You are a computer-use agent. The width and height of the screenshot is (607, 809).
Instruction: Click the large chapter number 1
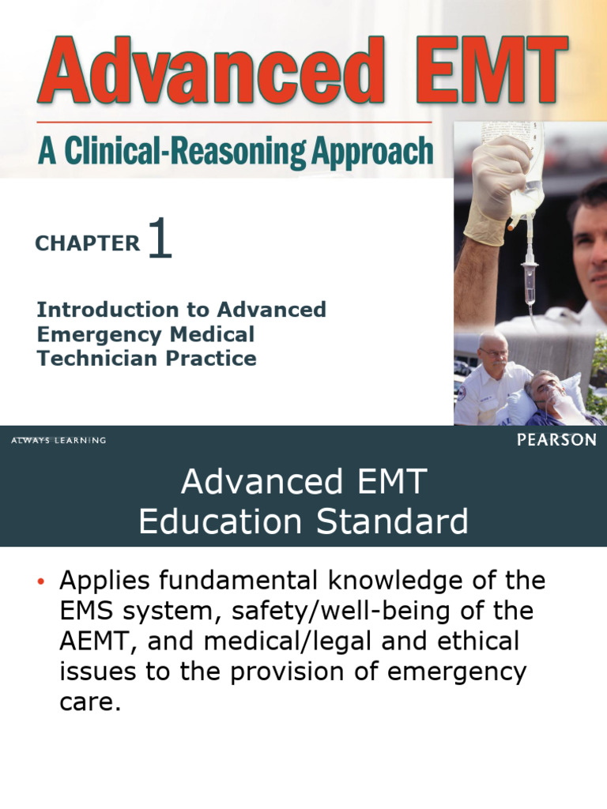(x=159, y=239)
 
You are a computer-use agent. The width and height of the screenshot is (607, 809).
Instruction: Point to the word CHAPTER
(x=87, y=244)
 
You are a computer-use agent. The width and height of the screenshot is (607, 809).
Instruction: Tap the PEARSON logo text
(x=556, y=441)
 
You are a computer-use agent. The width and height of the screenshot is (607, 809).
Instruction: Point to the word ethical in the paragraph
(x=473, y=641)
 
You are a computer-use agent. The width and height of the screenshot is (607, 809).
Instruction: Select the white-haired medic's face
(x=492, y=351)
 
